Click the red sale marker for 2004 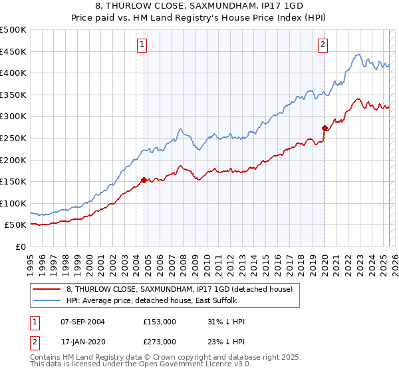point(144,180)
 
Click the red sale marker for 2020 point(325,128)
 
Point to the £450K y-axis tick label point(13,51)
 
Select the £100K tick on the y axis point(13,203)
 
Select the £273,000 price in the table point(159,342)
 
